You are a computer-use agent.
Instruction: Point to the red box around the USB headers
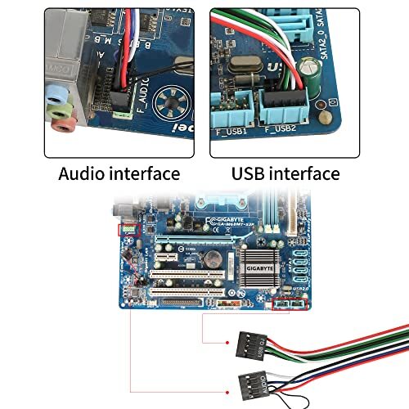click(x=291, y=304)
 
